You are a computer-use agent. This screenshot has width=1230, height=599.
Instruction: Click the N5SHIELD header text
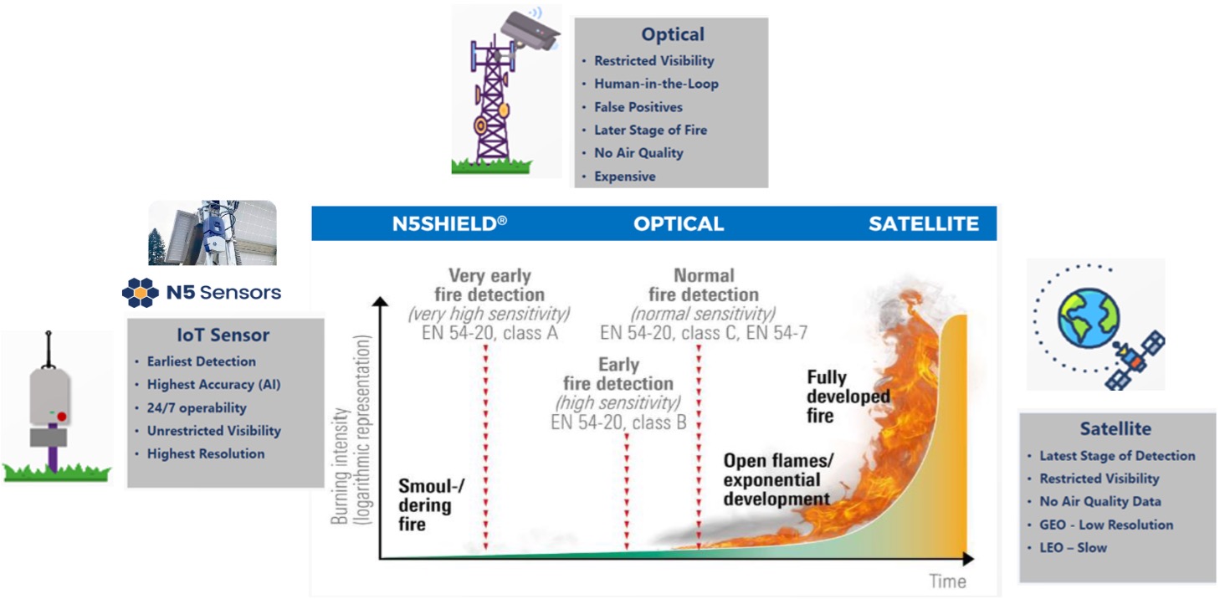tap(449, 224)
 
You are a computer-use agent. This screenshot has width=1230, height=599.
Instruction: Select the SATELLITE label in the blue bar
tap(923, 224)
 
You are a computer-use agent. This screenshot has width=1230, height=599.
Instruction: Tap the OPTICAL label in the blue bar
tap(678, 224)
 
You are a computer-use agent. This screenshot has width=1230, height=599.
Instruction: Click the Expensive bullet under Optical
tap(624, 177)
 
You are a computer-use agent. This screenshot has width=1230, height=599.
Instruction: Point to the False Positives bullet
tap(638, 107)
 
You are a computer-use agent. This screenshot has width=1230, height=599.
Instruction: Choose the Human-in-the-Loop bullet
tap(656, 84)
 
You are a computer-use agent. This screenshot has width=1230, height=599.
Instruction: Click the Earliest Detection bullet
tap(201, 361)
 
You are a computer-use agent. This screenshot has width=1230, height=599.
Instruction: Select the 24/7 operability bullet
tap(197, 408)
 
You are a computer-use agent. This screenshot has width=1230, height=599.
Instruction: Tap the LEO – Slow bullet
tap(1073, 548)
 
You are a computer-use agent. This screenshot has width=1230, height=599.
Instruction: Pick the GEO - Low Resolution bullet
tap(1106, 525)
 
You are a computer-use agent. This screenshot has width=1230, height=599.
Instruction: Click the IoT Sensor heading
tap(223, 335)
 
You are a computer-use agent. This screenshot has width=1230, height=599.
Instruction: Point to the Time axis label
tap(947, 581)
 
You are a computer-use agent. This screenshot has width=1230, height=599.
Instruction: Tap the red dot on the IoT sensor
tap(61, 416)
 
